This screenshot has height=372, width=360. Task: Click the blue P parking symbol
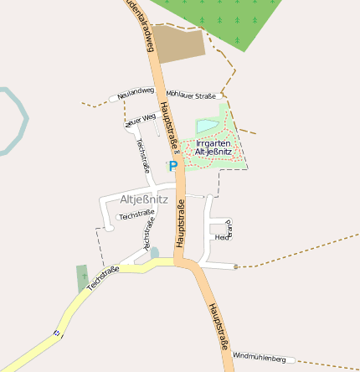pyautogui.click(x=173, y=167)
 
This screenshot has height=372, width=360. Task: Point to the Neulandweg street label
pyautogui.click(x=136, y=92)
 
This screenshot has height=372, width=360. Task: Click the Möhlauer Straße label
pyautogui.click(x=191, y=95)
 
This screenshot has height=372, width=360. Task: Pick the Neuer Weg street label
pyautogui.click(x=141, y=119)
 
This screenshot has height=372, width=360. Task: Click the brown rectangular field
pyautogui.click(x=177, y=44)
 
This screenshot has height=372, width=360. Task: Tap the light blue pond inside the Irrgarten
pyautogui.click(x=207, y=127)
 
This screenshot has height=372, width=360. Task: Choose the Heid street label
pyautogui.click(x=222, y=238)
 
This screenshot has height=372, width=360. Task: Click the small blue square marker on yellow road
pyautogui.click(x=57, y=333)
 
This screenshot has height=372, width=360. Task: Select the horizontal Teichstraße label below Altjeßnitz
pyautogui.click(x=137, y=216)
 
